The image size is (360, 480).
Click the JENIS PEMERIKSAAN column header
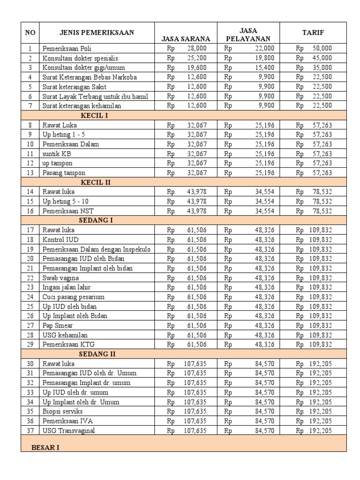pyautogui.click(x=97, y=32)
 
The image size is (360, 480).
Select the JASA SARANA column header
pyautogui.click(x=186, y=39)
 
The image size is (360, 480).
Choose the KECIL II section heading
pyautogui.click(x=96, y=182)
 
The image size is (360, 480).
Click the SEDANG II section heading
pyautogui.click(x=97, y=354)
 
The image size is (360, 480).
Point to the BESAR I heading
pyautogui.click(x=45, y=448)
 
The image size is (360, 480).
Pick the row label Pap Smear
pyautogui.click(x=58, y=325)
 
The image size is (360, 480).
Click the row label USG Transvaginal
pyautogui.click(x=68, y=430)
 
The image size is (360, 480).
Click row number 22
pyautogui.click(x=30, y=277)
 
